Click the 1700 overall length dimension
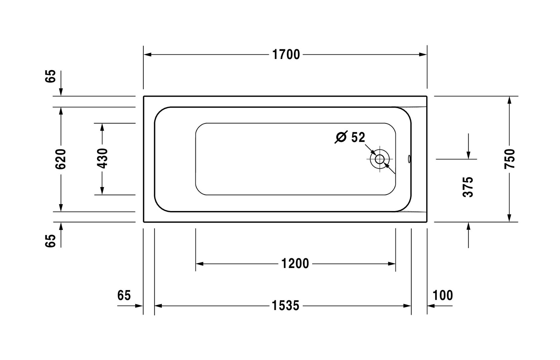click(286, 54)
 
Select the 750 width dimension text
click(510, 159)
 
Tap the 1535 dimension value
click(286, 305)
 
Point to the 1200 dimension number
click(295, 264)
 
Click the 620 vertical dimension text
click(61, 159)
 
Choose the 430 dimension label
click(102, 159)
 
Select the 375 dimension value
click(468, 187)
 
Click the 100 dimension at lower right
click(443, 295)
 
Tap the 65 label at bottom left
click(124, 295)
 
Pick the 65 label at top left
click(51, 76)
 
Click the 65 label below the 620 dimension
click(51, 241)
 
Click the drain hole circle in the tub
click(380, 159)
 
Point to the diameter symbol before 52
click(341, 137)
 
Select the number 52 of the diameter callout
click(358, 137)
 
